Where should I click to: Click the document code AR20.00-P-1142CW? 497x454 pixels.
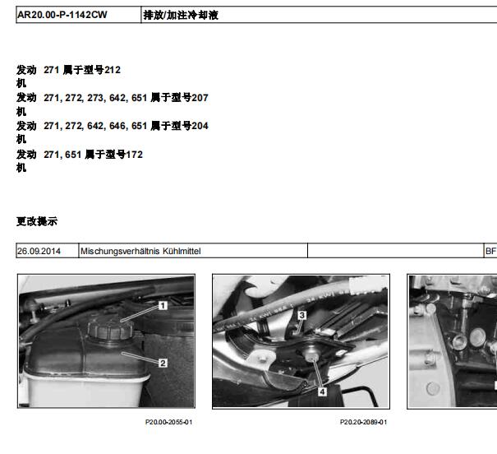click(x=62, y=15)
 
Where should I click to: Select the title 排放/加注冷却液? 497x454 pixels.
click(x=181, y=15)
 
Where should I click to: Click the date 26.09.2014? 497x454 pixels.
click(x=39, y=251)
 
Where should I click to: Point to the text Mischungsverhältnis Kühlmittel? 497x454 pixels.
click(x=140, y=251)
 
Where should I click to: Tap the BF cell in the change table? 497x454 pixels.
click(x=490, y=251)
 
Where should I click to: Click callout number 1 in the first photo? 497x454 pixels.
click(x=163, y=305)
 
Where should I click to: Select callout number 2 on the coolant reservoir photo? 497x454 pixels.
click(x=163, y=363)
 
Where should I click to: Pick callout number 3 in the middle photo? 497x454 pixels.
click(x=301, y=315)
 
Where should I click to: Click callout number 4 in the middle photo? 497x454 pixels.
click(x=322, y=391)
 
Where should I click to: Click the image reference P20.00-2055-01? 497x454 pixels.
click(x=168, y=422)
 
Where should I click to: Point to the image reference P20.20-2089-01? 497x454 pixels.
click(x=363, y=422)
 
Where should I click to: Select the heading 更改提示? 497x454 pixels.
click(x=37, y=221)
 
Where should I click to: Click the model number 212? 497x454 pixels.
click(x=113, y=70)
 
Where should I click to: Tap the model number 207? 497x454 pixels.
click(x=200, y=98)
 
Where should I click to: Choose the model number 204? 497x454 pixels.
click(x=200, y=126)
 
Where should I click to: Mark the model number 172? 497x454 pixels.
click(x=135, y=155)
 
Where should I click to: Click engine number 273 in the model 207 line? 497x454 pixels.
click(x=95, y=98)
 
